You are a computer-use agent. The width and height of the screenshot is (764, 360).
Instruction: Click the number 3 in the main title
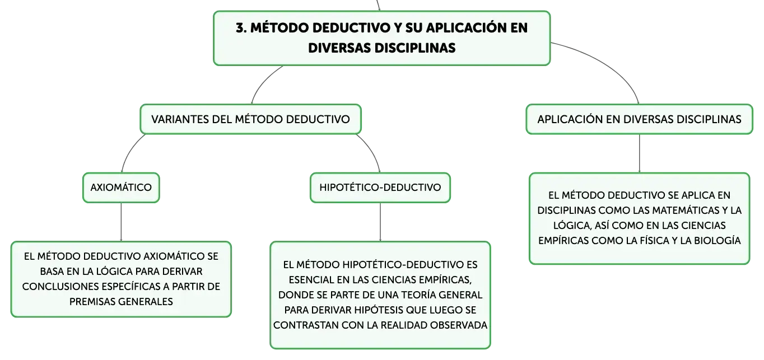pos(240,27)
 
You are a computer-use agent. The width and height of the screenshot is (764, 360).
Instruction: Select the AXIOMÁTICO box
pos(121,188)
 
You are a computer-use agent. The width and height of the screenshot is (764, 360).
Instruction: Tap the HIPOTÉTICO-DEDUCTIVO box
pos(380,188)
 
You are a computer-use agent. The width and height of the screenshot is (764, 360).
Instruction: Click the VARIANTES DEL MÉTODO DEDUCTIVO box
pos(251,119)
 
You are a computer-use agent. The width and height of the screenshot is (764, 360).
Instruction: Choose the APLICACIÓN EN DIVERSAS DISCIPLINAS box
pos(640,119)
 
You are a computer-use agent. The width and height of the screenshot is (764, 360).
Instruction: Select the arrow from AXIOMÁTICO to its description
pos(121,222)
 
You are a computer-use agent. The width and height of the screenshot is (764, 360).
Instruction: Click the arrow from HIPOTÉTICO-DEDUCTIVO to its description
pos(380,222)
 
